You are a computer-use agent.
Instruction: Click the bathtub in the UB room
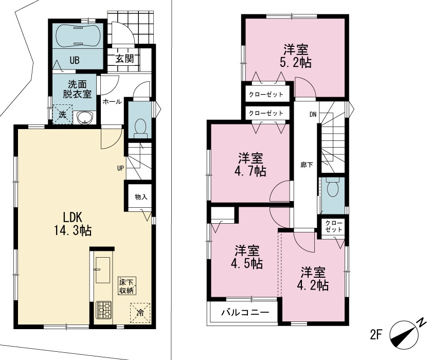pos(78,36)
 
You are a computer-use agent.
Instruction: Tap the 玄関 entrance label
pos(124,59)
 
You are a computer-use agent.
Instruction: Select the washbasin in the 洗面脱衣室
pos(85,118)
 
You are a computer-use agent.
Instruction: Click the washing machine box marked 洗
pos(63,115)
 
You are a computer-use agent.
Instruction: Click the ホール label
pos(112,102)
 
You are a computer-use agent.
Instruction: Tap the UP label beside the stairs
pos(120,168)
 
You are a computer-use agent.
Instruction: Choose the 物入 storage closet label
pos(141,196)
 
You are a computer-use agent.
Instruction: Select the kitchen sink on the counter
pos(102,270)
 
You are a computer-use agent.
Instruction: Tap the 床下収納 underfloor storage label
pos(127,286)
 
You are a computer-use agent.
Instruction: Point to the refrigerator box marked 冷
pos(140,313)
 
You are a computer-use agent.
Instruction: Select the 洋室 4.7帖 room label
pos(250,165)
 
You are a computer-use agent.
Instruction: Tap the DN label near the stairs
pos(313,115)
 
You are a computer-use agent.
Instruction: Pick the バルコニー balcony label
pos(245,312)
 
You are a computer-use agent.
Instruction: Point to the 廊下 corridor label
pos(307,165)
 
